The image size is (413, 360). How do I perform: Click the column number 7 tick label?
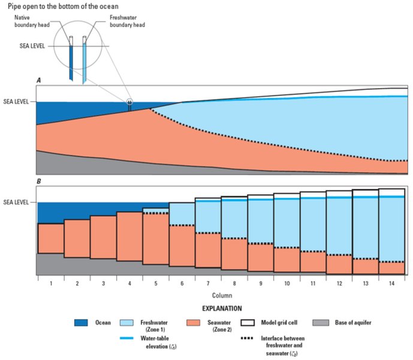[208, 284]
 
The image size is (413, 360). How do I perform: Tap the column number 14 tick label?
[391, 284]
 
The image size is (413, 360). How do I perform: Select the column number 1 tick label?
[51, 284]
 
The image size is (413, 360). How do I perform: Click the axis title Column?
[222, 295]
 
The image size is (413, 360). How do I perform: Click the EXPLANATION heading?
[222, 308]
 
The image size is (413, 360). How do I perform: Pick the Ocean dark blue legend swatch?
[81, 323]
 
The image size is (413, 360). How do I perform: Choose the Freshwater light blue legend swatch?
[126, 323]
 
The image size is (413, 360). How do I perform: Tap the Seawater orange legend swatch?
[193, 323]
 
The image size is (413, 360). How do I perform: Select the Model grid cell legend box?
[248, 323]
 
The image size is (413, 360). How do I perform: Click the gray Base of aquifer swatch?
[321, 323]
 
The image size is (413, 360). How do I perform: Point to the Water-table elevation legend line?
[126, 338]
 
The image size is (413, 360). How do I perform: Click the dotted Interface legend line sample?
[247, 338]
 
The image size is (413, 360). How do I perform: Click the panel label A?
[39, 80]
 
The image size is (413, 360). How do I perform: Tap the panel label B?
[39, 181]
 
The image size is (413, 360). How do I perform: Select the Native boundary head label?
[32, 21]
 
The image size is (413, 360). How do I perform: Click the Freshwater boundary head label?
[127, 21]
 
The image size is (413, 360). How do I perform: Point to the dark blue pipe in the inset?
[71, 62]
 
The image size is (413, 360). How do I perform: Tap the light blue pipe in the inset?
[85, 63]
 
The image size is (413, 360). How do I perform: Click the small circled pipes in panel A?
[129, 103]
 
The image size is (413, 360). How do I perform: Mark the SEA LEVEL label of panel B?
[16, 202]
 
